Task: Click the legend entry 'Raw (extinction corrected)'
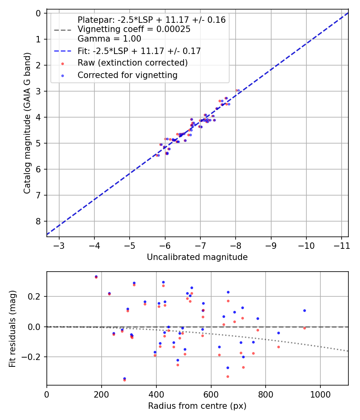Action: [132, 63]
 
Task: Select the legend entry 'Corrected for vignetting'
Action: [127, 75]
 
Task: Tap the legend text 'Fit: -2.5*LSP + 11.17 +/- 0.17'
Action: [139, 51]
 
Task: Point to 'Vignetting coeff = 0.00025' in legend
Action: [134, 29]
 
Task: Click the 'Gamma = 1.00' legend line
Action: [109, 39]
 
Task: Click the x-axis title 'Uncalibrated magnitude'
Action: [197, 257]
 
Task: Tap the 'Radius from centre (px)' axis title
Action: [197, 406]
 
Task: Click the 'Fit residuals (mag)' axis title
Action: [12, 328]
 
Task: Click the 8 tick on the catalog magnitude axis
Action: [38, 221]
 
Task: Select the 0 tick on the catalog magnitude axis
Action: [38, 13]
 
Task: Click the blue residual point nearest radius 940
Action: [304, 310]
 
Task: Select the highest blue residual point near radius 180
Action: [96, 276]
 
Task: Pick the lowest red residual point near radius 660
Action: [228, 376]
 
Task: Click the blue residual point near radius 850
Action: [278, 333]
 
